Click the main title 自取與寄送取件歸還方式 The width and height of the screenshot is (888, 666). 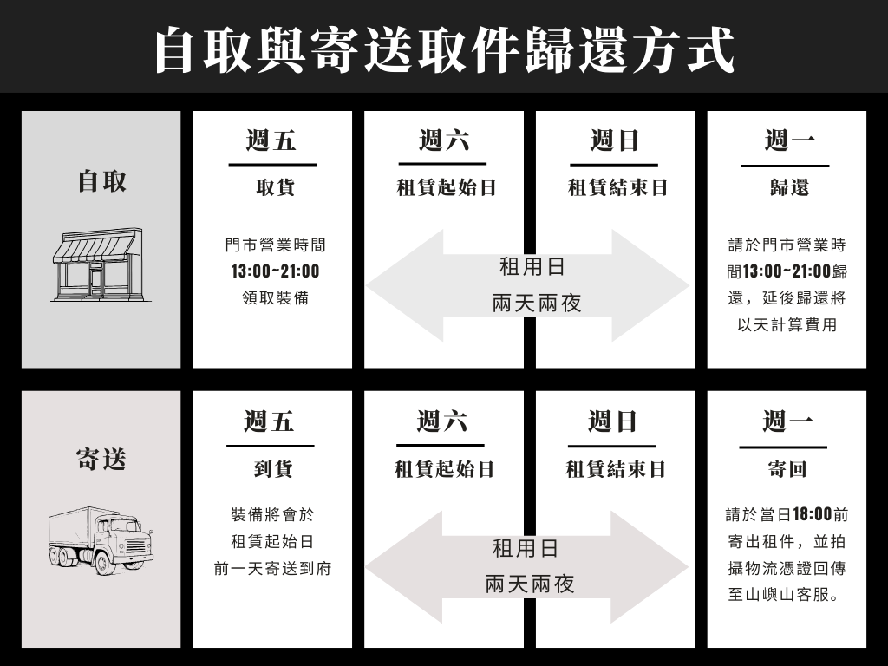444,49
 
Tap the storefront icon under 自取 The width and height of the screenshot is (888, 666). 96,264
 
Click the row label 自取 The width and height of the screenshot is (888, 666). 101,181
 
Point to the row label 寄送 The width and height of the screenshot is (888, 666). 101,460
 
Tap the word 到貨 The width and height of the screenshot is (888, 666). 273,469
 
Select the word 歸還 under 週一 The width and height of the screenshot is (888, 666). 788,187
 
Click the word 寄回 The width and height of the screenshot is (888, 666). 787,469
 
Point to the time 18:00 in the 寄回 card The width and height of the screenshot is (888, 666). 812,514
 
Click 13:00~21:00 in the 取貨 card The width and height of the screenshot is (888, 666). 275,271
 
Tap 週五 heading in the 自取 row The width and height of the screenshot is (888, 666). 271,140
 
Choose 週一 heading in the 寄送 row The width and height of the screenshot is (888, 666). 787,421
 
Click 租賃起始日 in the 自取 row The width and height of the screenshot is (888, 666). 446,187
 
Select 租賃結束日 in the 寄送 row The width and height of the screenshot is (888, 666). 616,469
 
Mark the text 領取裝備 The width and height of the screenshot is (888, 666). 275,298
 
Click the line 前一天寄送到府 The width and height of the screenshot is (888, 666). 272,569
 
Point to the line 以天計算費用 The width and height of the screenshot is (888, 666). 787,325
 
